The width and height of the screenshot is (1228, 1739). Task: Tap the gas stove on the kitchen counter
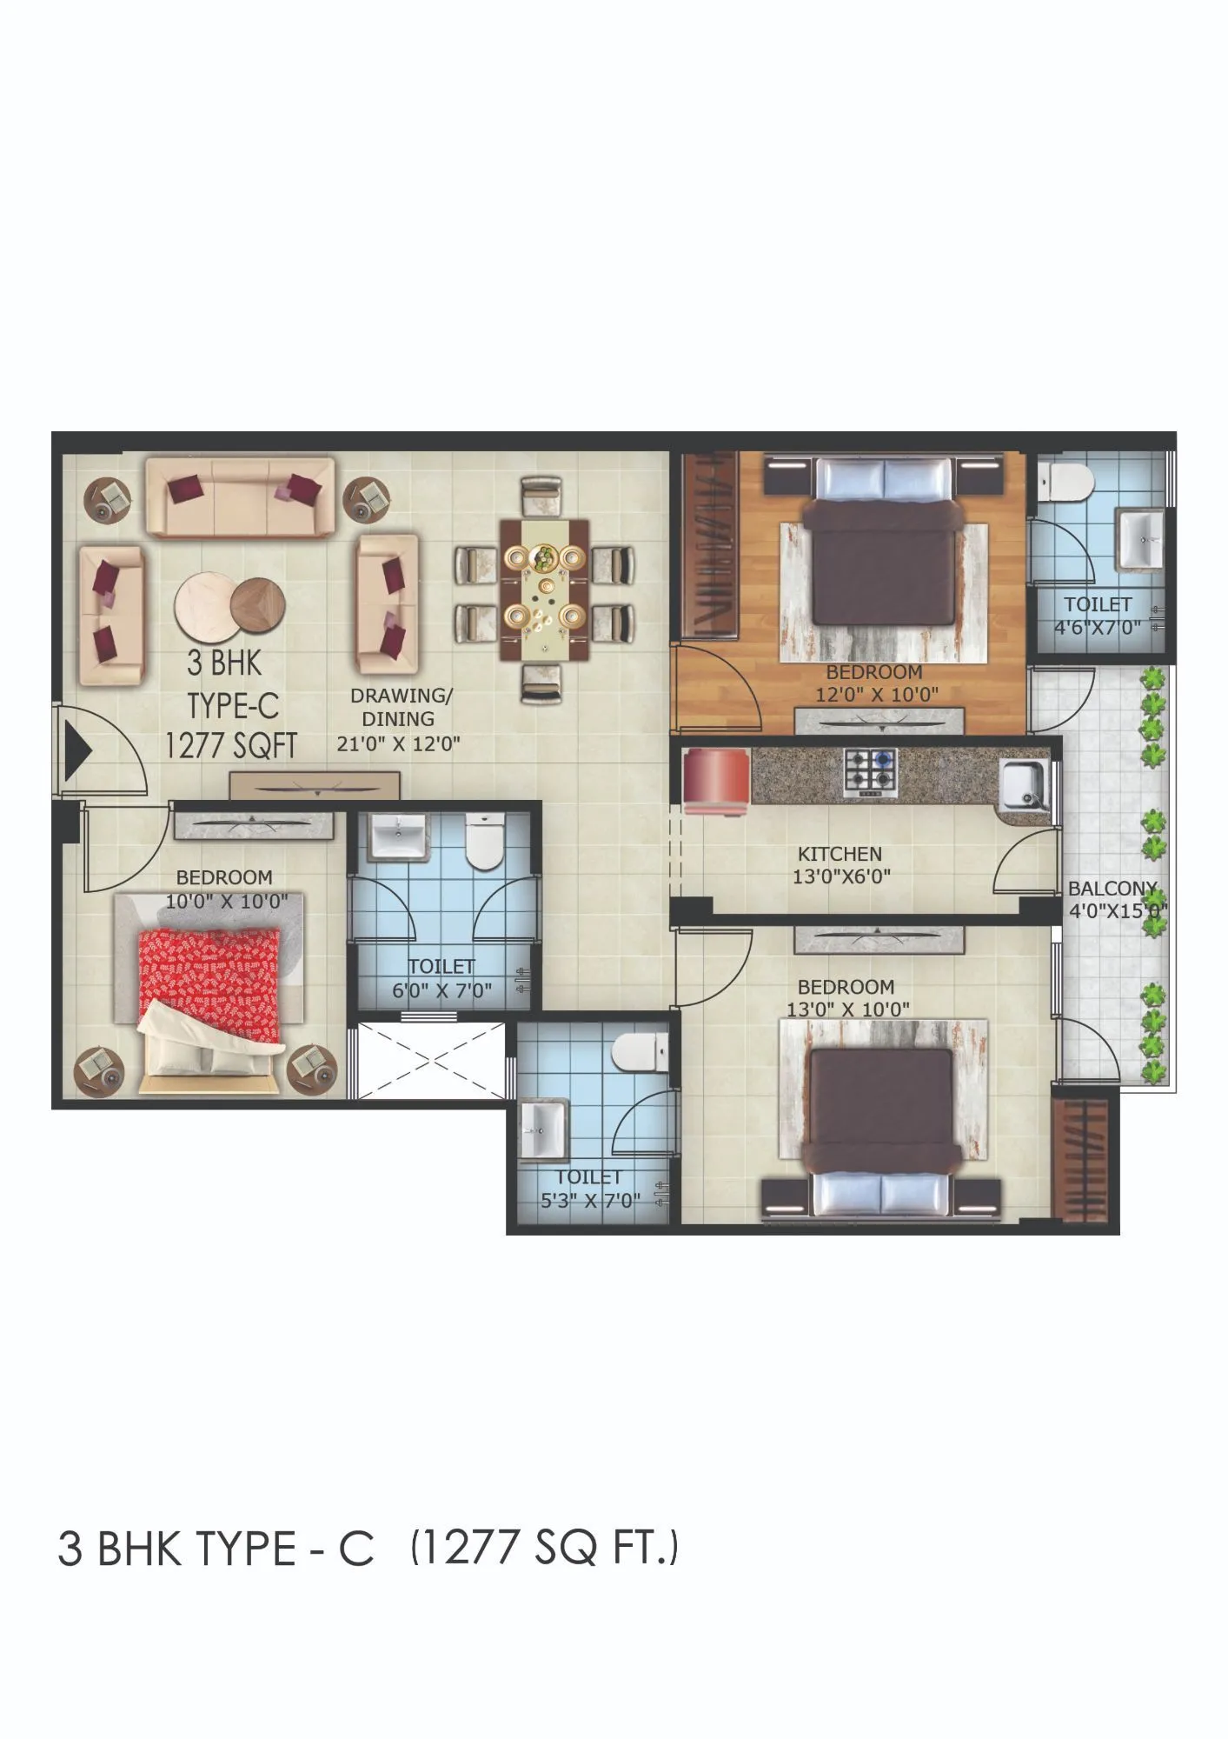tap(870, 772)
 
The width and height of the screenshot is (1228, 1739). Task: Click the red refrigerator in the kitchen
tap(717, 781)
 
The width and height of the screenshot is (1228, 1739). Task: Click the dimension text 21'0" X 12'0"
tap(398, 743)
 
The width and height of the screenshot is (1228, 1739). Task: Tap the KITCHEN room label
tap(840, 854)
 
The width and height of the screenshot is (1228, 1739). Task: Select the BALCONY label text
tap(1112, 889)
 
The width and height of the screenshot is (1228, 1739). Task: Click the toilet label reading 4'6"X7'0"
tap(1097, 627)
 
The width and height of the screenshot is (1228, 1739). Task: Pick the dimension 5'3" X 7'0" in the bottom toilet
tap(590, 1201)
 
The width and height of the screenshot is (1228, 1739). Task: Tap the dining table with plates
tap(545, 590)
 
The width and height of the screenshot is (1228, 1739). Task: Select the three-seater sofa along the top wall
tap(240, 497)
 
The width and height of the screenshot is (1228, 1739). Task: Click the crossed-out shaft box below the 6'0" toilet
tap(432, 1061)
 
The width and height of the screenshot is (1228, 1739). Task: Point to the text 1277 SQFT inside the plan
tap(231, 745)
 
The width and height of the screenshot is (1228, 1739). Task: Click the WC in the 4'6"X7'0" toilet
tap(1065, 481)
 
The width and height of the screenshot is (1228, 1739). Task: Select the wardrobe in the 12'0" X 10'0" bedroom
tap(710, 546)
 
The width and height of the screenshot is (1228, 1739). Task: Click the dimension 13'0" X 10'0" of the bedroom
tap(848, 1009)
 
